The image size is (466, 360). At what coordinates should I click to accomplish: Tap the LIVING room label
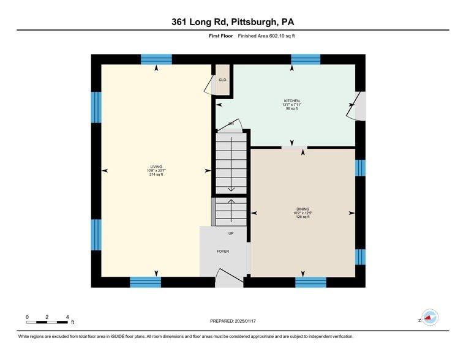(156, 167)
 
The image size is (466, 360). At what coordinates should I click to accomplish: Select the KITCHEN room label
(291, 100)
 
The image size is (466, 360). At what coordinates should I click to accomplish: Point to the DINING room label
(303, 209)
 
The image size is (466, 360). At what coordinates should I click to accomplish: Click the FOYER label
(222, 251)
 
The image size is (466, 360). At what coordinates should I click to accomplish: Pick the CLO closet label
(222, 80)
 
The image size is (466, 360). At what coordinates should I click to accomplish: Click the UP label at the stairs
(230, 233)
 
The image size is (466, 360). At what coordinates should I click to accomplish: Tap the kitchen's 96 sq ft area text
(291, 108)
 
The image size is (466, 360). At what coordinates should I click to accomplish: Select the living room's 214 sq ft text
(156, 174)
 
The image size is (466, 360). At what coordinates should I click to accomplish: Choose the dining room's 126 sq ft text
(303, 217)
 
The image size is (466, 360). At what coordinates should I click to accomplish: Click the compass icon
(430, 317)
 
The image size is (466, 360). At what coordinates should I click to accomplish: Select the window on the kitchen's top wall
(306, 59)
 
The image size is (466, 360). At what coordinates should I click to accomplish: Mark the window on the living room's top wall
(156, 59)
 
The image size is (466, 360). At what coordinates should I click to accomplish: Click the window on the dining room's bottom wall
(310, 282)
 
